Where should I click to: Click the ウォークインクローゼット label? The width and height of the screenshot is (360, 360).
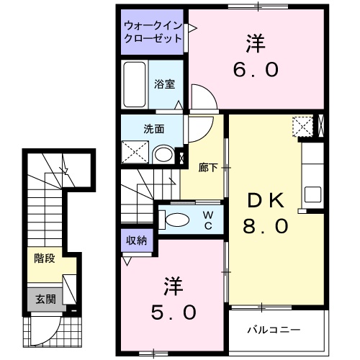click(152, 32)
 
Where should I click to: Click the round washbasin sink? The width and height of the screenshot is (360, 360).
click(163, 154)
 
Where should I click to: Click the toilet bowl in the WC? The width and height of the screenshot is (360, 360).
click(177, 219)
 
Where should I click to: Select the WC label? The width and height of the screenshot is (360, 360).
click(207, 220)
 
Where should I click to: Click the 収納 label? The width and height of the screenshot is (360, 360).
click(137, 241)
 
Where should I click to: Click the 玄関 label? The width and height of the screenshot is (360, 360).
click(45, 298)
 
